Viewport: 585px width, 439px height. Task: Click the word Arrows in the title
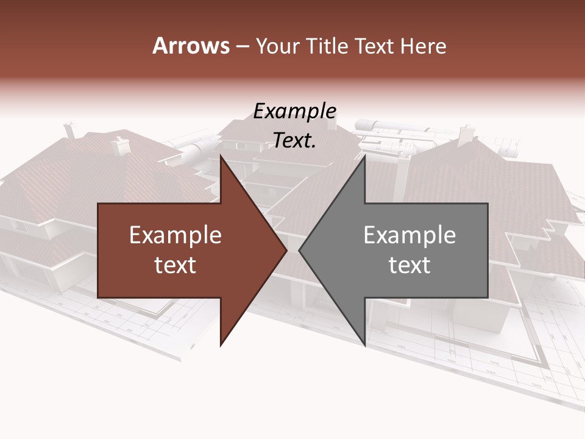[x=191, y=46]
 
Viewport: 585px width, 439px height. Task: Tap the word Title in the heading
[x=331, y=46]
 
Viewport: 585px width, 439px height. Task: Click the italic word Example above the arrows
[x=295, y=112]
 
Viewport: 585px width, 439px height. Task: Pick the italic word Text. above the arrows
[x=295, y=141]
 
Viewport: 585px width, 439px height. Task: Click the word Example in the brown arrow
[x=175, y=235]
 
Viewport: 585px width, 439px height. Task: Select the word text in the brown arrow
[x=175, y=265]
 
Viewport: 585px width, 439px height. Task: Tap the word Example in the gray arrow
[x=409, y=235]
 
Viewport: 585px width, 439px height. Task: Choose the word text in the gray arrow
[x=409, y=265]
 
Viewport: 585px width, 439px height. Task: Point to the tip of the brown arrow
[x=286, y=250]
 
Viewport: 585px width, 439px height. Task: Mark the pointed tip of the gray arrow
[x=299, y=250]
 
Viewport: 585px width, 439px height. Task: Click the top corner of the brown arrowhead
[x=221, y=156]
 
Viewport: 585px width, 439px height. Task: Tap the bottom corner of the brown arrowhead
[x=221, y=345]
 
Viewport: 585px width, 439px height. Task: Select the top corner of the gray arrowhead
[x=364, y=156]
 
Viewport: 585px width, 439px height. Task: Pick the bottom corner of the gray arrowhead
[x=364, y=345]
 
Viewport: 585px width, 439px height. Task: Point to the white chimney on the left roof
[x=120, y=145]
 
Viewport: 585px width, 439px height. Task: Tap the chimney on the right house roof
[x=467, y=134]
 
